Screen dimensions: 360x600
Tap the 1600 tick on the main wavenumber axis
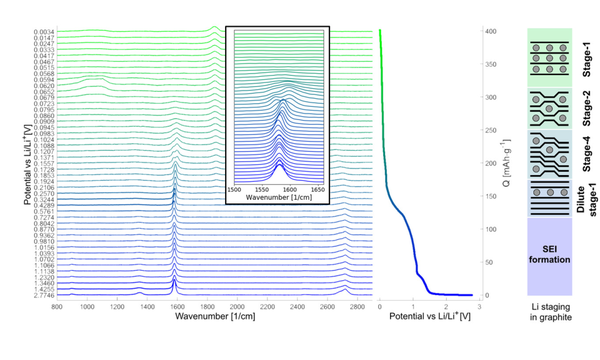(x=177, y=307)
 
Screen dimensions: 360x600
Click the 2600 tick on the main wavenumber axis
(x=327, y=307)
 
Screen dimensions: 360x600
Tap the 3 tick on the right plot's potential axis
(x=479, y=307)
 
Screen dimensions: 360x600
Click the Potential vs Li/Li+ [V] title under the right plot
(x=428, y=318)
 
